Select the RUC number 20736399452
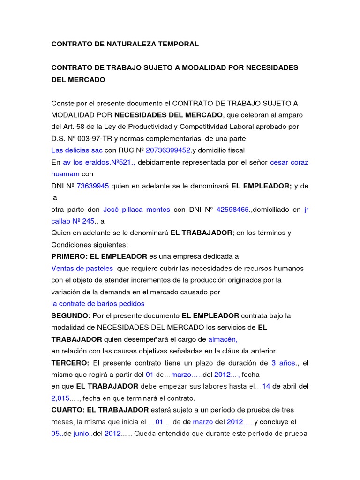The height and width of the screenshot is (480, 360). pyautogui.click(x=168, y=150)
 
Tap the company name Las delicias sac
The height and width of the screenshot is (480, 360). pyautogui.click(x=77, y=150)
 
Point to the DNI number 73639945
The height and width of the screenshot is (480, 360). pyautogui.click(x=93, y=186)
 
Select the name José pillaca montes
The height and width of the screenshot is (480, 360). pyautogui.click(x=136, y=210)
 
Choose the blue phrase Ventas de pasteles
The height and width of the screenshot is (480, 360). pyautogui.click(x=82, y=269)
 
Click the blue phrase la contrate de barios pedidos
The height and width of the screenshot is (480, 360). pyautogui.click(x=98, y=304)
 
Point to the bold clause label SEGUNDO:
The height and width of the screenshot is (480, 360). pyautogui.click(x=71, y=315)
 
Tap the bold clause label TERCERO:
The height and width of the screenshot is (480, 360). pyautogui.click(x=70, y=363)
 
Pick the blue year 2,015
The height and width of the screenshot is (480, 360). pyautogui.click(x=60, y=398)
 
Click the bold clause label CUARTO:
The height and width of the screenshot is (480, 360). pyautogui.click(x=67, y=410)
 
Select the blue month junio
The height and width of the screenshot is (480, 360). pyautogui.click(x=82, y=434)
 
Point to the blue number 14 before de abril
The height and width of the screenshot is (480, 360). pyautogui.click(x=266, y=387)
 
